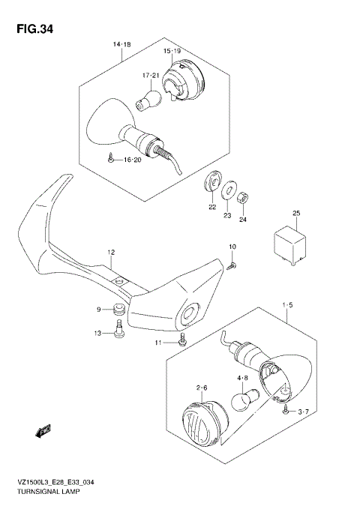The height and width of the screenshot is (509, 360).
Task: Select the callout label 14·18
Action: coord(121,46)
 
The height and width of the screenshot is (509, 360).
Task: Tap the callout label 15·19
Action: coord(172,50)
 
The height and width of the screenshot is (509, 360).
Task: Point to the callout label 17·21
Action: coord(151,76)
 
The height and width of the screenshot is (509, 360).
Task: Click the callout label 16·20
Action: coord(132,160)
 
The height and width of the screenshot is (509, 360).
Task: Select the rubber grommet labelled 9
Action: coord(116,310)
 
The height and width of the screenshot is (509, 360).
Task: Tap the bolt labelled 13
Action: coord(119,331)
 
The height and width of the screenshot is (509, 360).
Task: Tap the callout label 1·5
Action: coord(287,306)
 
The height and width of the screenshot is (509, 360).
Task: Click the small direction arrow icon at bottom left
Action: coord(43,430)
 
